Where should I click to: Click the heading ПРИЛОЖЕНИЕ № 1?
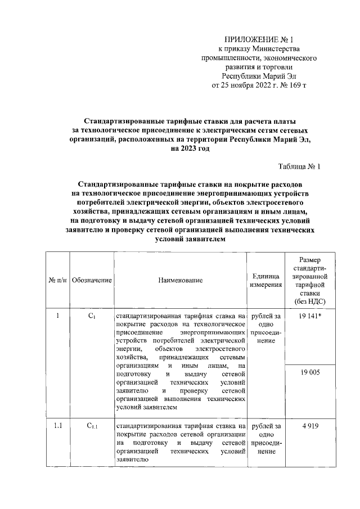(x=259, y=39)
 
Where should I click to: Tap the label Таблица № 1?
(x=299, y=166)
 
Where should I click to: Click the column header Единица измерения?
(x=265, y=280)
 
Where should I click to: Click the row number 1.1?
(x=58, y=426)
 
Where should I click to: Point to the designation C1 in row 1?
(x=92, y=316)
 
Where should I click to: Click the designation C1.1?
(x=92, y=426)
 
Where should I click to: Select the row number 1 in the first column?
(x=58, y=316)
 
